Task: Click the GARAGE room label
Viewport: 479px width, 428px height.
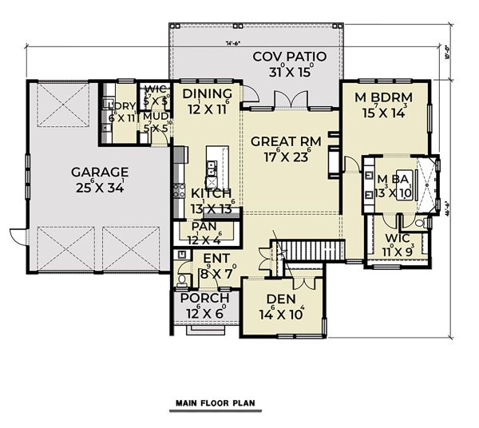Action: [99, 171]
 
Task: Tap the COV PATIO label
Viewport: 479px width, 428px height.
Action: [283, 57]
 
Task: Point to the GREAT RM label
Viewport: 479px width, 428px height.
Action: [286, 141]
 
